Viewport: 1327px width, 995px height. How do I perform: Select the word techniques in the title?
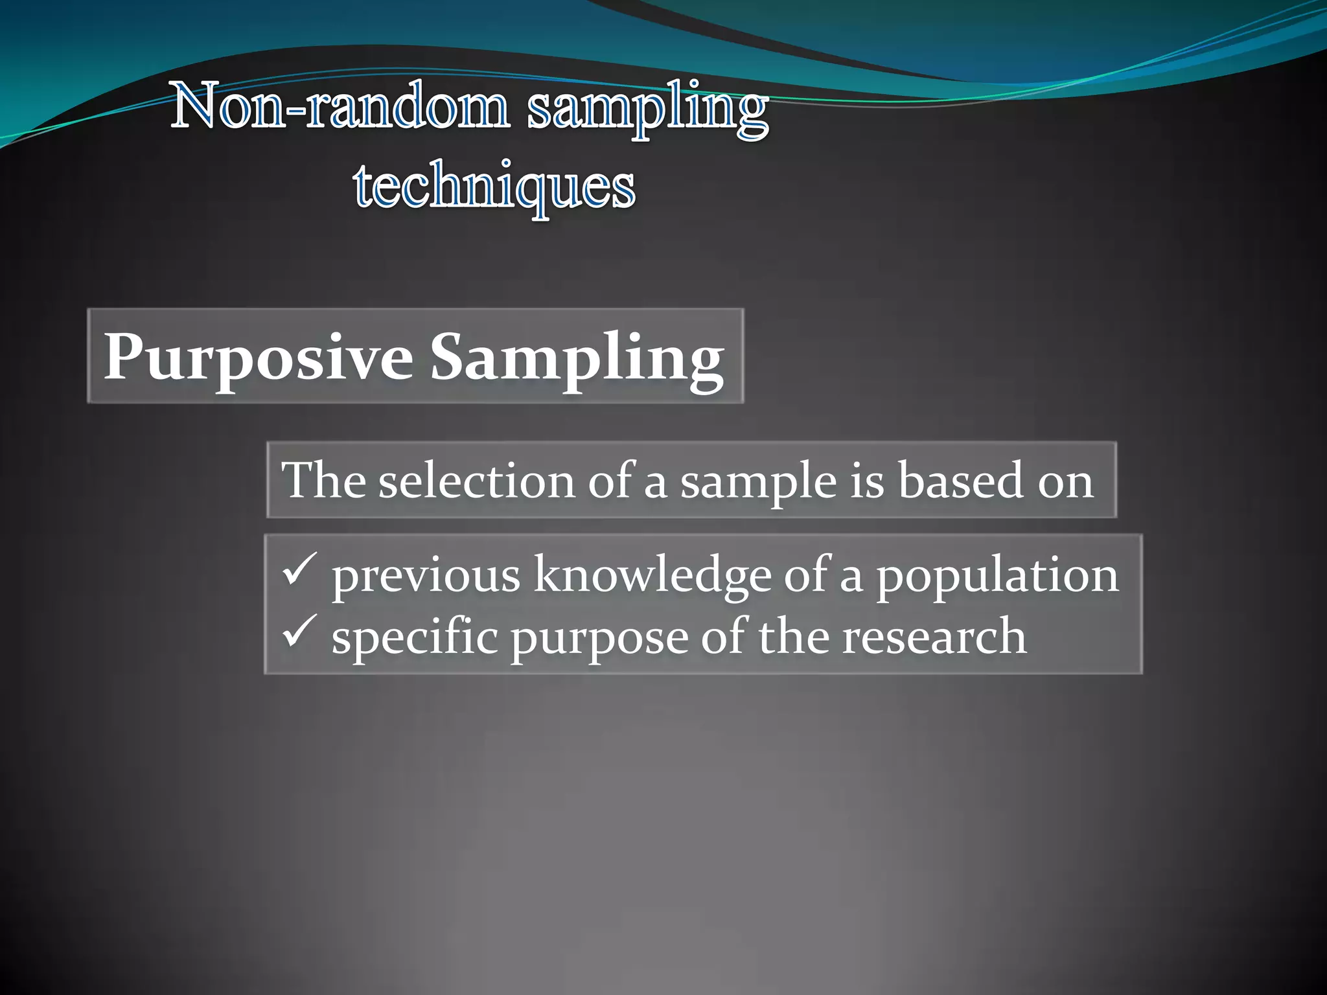494,188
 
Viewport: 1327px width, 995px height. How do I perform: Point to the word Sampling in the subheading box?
577,359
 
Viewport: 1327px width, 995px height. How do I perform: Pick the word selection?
476,481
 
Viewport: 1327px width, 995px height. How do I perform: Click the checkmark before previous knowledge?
299,569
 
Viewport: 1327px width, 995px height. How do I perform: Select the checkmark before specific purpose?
299,631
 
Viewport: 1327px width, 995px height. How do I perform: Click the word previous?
426,575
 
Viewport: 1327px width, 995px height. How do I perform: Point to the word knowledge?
652,575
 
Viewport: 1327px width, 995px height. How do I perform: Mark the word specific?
415,637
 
